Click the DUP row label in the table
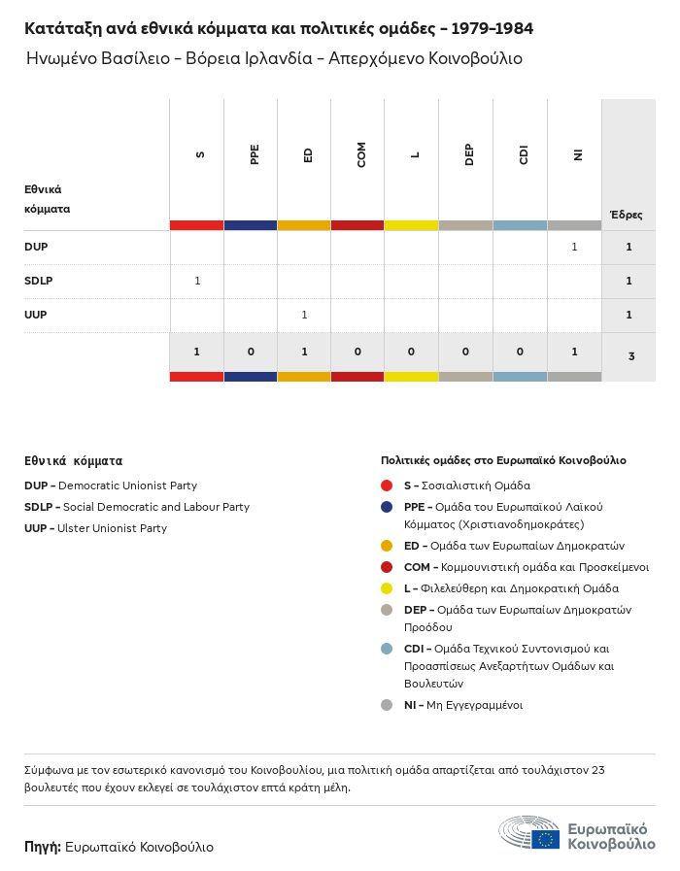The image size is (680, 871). tap(36, 247)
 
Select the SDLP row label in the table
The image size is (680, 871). tap(38, 281)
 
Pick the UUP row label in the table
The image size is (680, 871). tap(36, 315)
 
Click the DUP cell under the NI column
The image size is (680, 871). tap(574, 247)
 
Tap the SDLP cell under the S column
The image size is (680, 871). tap(197, 281)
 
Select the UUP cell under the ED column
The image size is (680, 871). tap(304, 315)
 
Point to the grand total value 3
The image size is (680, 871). tap(630, 356)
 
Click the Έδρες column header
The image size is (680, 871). tap(627, 215)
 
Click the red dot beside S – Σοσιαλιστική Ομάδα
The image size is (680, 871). tap(387, 486)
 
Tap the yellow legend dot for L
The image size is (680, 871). tap(387, 588)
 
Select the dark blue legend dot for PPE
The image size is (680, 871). tap(387, 507)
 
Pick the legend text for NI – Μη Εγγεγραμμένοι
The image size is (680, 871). tap(463, 705)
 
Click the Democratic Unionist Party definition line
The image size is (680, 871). tap(111, 486)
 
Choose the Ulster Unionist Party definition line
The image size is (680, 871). tap(95, 528)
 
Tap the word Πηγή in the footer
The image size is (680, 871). tap(43, 847)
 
